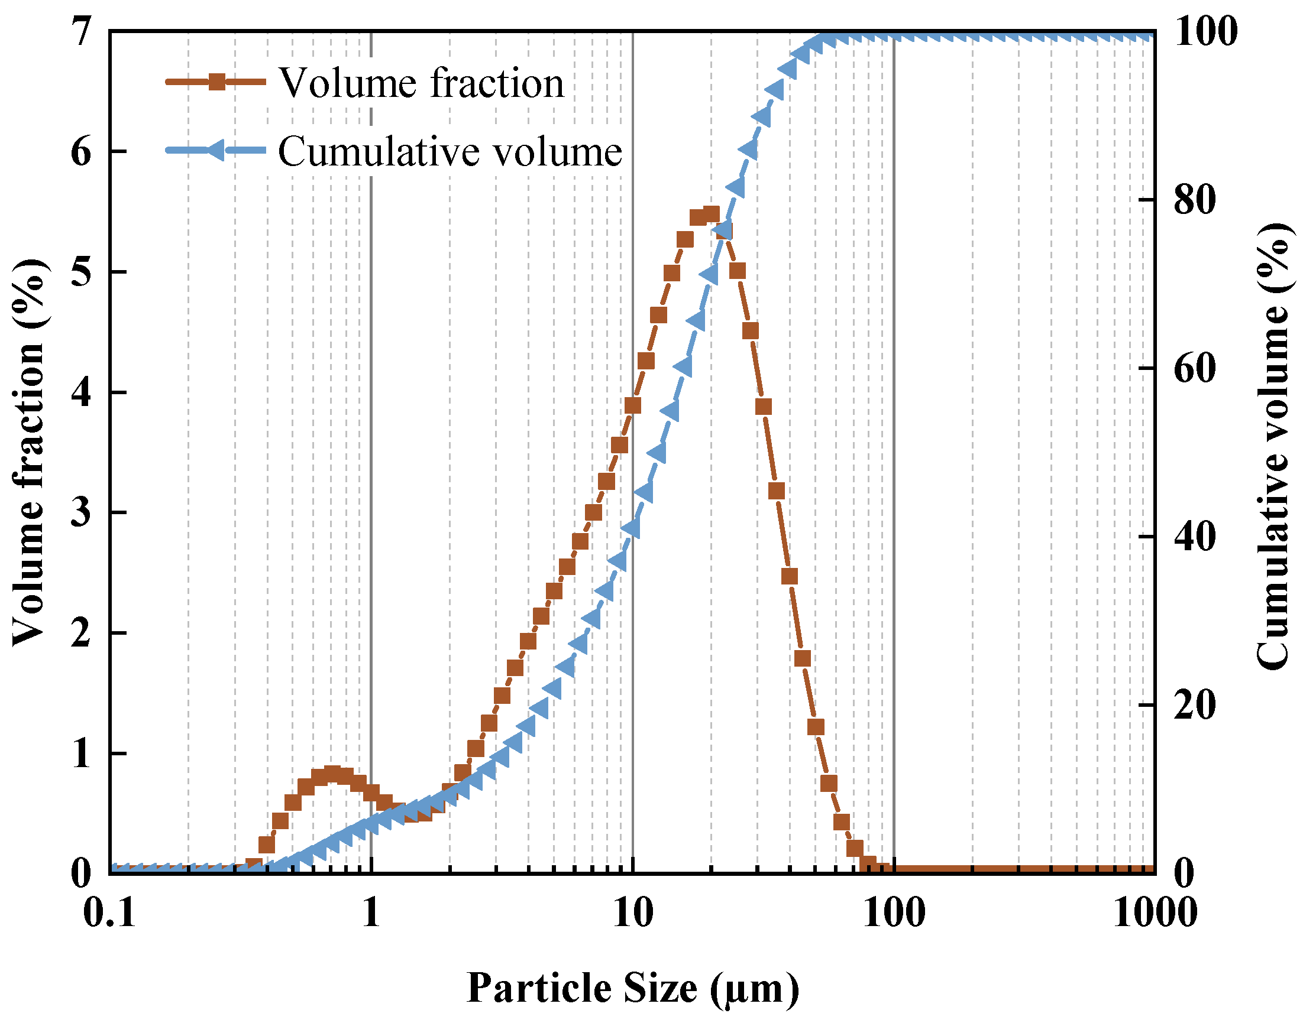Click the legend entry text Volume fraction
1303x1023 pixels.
[x=421, y=83]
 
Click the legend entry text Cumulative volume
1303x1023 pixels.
[x=450, y=151]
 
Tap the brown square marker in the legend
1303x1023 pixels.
[x=217, y=82]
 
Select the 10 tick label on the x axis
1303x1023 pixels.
[x=633, y=914]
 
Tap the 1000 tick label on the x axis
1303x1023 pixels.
[x=1155, y=914]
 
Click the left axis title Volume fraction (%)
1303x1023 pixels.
[x=29, y=453]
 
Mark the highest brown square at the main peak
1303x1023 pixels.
[x=711, y=215]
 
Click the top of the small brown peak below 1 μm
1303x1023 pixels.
[x=332, y=774]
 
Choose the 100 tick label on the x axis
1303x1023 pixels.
[x=894, y=914]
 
